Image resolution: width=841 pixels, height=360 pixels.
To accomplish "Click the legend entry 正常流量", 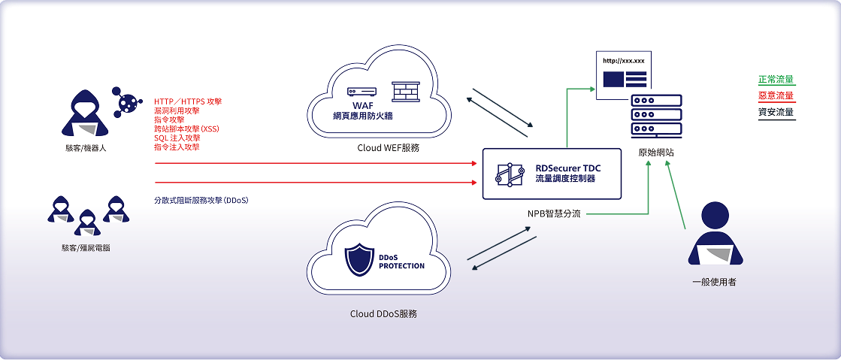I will coord(776,79).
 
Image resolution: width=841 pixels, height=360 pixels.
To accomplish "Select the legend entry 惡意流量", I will coord(776,95).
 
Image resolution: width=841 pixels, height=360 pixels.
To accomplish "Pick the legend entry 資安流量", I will coord(776,112).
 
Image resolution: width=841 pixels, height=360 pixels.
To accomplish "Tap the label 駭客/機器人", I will coord(86,148).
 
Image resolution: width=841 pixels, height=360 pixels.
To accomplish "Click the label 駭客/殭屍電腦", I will coord(86,247).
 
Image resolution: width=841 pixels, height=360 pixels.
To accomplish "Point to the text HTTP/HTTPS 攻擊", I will coord(188,101).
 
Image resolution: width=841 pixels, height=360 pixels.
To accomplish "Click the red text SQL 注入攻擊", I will coord(177,138).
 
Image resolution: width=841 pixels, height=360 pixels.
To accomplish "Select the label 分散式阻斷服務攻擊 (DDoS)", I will coord(201,201).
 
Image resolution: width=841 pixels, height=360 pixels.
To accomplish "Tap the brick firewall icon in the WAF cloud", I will coord(406,92).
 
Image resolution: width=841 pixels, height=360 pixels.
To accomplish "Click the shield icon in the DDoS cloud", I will coord(358,260).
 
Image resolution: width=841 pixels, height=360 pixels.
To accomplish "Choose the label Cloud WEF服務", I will coord(388,149).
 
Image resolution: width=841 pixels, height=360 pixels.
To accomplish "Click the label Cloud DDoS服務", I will coord(383,313).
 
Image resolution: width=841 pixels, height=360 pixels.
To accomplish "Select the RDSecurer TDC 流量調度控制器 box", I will coord(552,174).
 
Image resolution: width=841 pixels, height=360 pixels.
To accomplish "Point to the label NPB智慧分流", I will coord(553,213).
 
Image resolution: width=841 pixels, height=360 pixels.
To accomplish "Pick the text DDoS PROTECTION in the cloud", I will coord(401,262).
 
